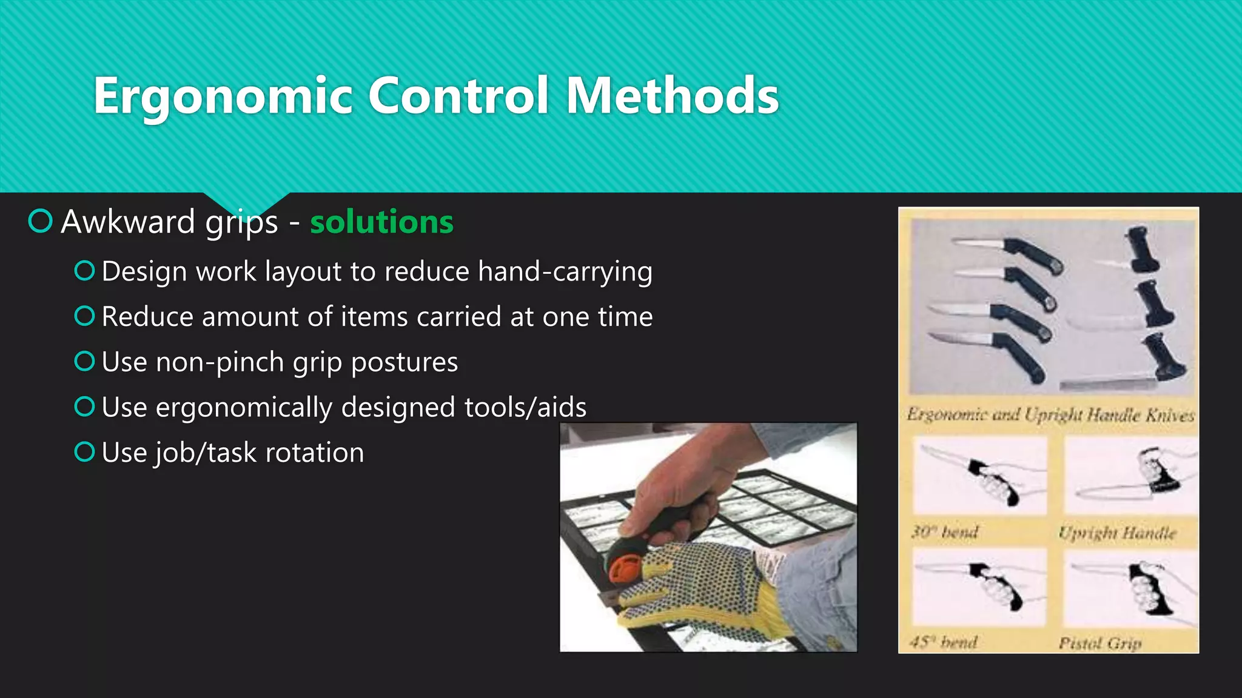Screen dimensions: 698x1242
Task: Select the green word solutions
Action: [x=381, y=222]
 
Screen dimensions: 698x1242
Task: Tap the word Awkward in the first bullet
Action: [x=127, y=222]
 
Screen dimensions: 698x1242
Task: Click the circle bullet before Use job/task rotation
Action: [x=84, y=452]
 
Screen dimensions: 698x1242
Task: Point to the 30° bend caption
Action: [x=945, y=532]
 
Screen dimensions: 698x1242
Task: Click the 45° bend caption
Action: [x=944, y=642]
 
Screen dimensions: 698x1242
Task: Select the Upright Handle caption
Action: [x=1117, y=533]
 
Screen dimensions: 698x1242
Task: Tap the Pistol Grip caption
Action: [x=1100, y=643]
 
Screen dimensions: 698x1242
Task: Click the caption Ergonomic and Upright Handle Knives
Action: [x=1050, y=415]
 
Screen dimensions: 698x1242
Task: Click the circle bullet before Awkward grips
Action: [x=41, y=221]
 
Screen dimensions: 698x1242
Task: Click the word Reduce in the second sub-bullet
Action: [x=148, y=317]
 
